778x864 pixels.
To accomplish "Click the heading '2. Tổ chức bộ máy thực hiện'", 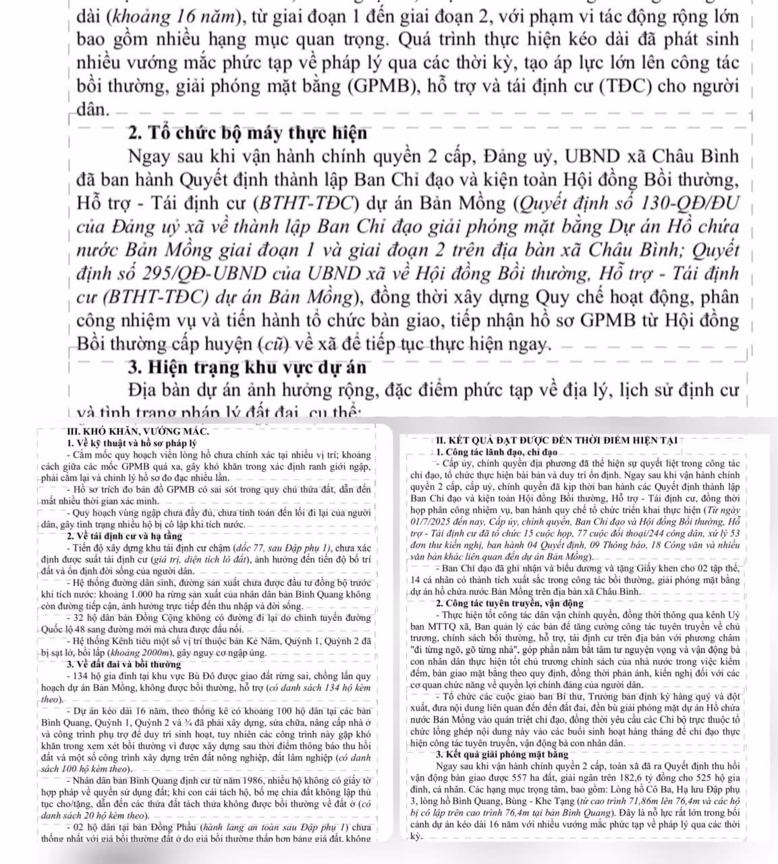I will pos(247,132).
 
